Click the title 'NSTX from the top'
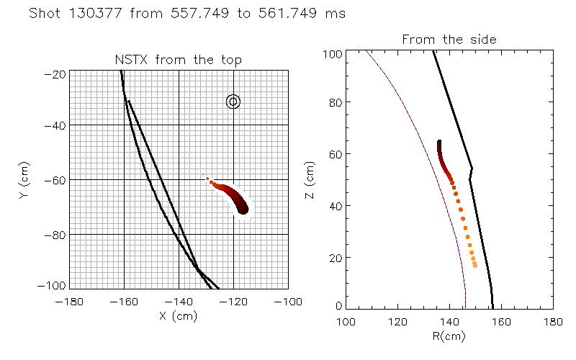pyautogui.click(x=179, y=60)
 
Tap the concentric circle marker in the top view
pyautogui.click(x=233, y=102)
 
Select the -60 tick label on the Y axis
pyautogui.click(x=55, y=181)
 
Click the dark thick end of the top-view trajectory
pyautogui.click(x=243, y=209)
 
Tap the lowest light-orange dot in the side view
pyautogui.click(x=475, y=265)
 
